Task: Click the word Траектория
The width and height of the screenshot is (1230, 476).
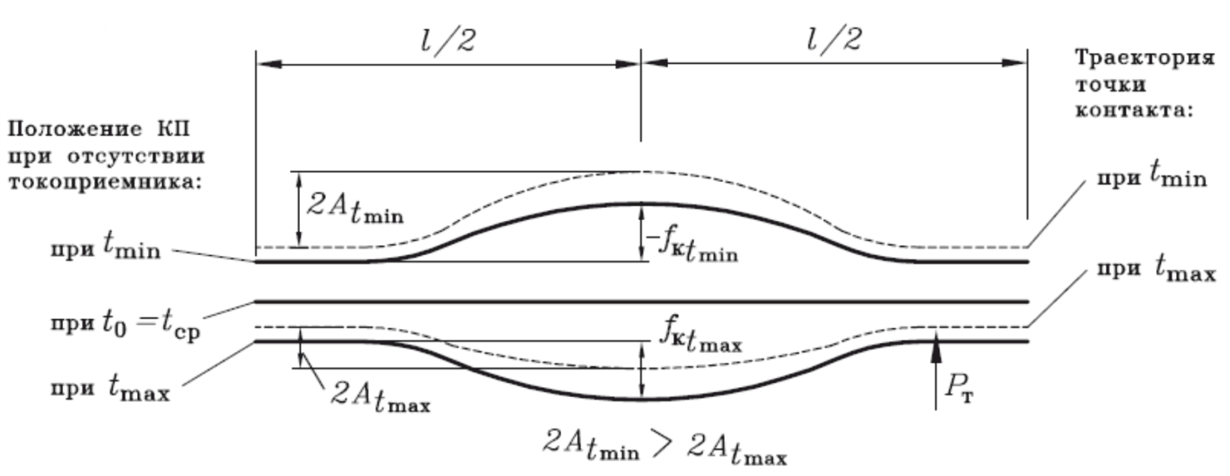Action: [x=1144, y=61]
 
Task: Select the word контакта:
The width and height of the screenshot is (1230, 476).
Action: [x=1133, y=110]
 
